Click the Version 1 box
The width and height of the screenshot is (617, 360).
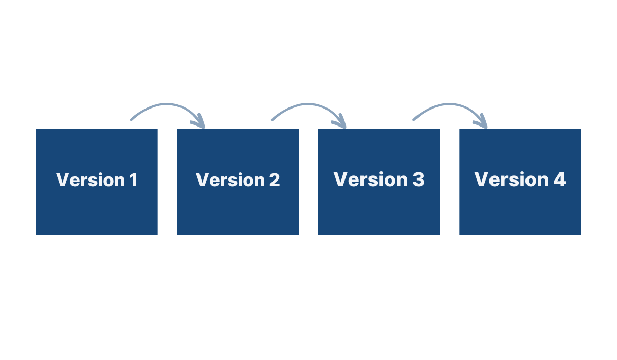(x=97, y=206)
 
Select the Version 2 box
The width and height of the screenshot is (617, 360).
(x=238, y=206)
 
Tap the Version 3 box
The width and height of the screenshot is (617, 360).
(x=379, y=206)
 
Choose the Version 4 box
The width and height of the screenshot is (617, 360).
(x=520, y=206)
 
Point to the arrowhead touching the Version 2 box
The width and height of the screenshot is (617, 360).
(x=199, y=122)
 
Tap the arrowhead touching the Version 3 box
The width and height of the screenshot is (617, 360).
(x=341, y=122)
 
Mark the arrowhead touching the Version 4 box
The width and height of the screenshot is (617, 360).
(x=482, y=122)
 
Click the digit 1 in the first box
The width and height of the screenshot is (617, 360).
(x=133, y=180)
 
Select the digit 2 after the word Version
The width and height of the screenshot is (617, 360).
(x=274, y=180)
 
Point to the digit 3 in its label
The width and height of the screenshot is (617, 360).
(x=418, y=180)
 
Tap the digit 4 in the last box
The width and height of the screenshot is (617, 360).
(x=559, y=180)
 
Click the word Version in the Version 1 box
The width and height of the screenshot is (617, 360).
(x=90, y=180)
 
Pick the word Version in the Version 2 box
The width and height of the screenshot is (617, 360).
(x=230, y=180)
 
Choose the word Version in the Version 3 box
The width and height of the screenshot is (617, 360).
(x=370, y=180)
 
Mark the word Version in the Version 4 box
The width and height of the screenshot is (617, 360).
(x=512, y=180)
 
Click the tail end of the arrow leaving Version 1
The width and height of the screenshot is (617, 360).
(x=132, y=119)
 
